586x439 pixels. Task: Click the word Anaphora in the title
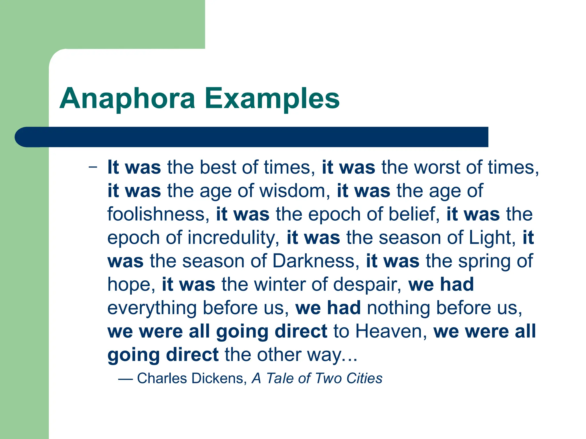127,99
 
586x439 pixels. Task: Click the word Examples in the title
272,99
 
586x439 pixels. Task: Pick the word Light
492,238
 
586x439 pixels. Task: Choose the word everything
152,308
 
